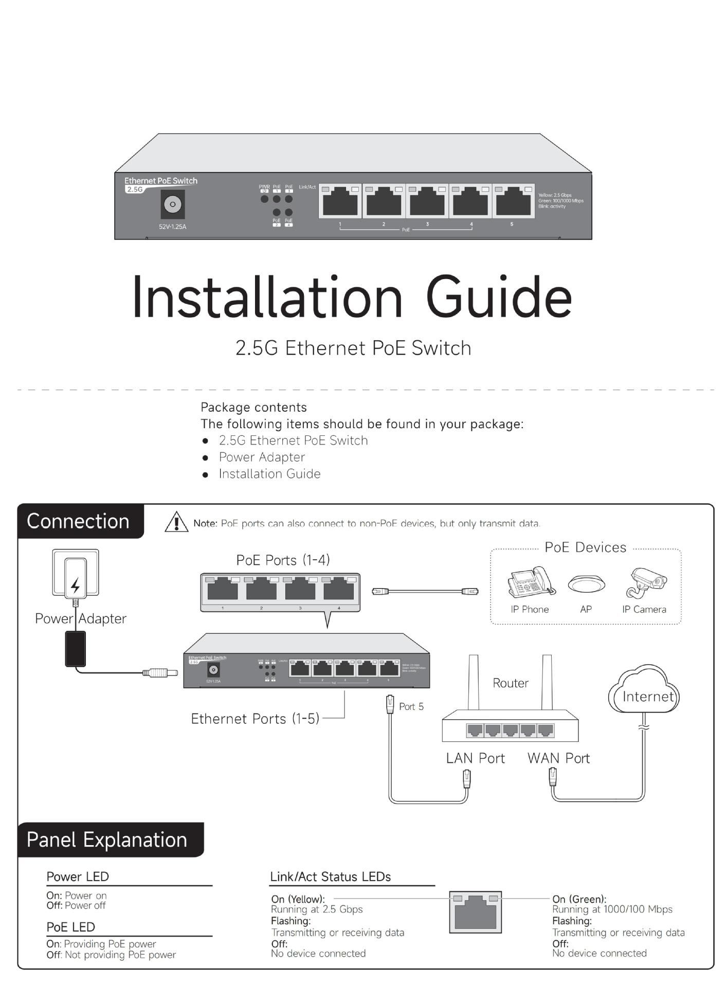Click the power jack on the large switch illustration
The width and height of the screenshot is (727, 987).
(x=173, y=204)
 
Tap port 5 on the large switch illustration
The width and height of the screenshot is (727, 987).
(x=513, y=201)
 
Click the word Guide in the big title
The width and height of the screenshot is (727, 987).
(x=498, y=298)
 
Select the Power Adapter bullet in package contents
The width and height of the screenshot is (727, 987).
(x=262, y=457)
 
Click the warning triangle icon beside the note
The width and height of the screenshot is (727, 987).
(x=176, y=522)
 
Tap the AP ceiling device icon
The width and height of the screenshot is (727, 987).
(x=586, y=584)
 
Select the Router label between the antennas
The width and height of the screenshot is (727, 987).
(x=511, y=683)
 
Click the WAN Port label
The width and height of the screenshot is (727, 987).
(x=558, y=758)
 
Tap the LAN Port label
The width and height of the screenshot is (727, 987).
(x=476, y=758)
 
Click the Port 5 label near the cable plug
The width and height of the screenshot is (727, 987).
(x=411, y=707)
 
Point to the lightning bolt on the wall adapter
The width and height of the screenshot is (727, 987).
(x=76, y=585)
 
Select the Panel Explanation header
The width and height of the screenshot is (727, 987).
(x=107, y=839)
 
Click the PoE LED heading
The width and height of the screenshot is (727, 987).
(x=71, y=927)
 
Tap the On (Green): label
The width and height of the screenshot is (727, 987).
(x=579, y=899)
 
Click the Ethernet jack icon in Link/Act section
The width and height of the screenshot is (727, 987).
(x=476, y=912)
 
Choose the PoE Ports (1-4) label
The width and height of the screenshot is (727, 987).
(x=283, y=560)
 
